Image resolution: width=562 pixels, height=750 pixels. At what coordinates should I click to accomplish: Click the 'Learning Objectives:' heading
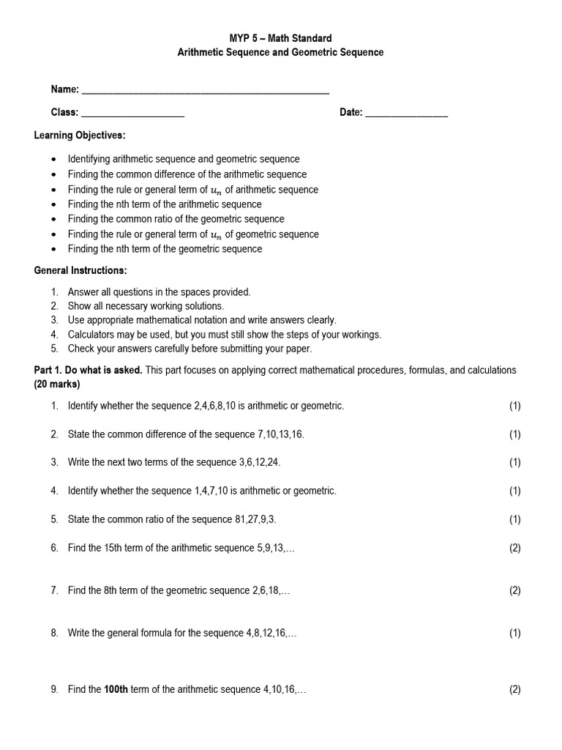click(x=80, y=135)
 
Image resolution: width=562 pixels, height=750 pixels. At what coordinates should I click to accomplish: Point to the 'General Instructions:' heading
click(x=80, y=270)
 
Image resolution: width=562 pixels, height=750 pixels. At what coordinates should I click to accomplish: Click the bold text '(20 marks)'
click(x=57, y=384)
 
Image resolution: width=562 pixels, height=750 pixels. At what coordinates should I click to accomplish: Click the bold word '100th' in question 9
click(x=116, y=689)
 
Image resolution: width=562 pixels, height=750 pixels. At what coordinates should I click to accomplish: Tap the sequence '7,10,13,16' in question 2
click(x=280, y=434)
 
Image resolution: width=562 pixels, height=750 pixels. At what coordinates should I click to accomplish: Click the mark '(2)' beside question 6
click(x=514, y=548)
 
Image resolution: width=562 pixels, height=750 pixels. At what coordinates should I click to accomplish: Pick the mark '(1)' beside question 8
click(x=514, y=633)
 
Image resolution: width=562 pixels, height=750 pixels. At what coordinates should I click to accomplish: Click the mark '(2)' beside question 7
click(x=514, y=590)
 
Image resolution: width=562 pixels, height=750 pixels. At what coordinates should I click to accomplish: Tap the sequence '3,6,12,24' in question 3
click(x=259, y=462)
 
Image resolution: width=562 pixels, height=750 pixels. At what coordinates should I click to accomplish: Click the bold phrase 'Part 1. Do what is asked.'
click(x=89, y=371)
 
